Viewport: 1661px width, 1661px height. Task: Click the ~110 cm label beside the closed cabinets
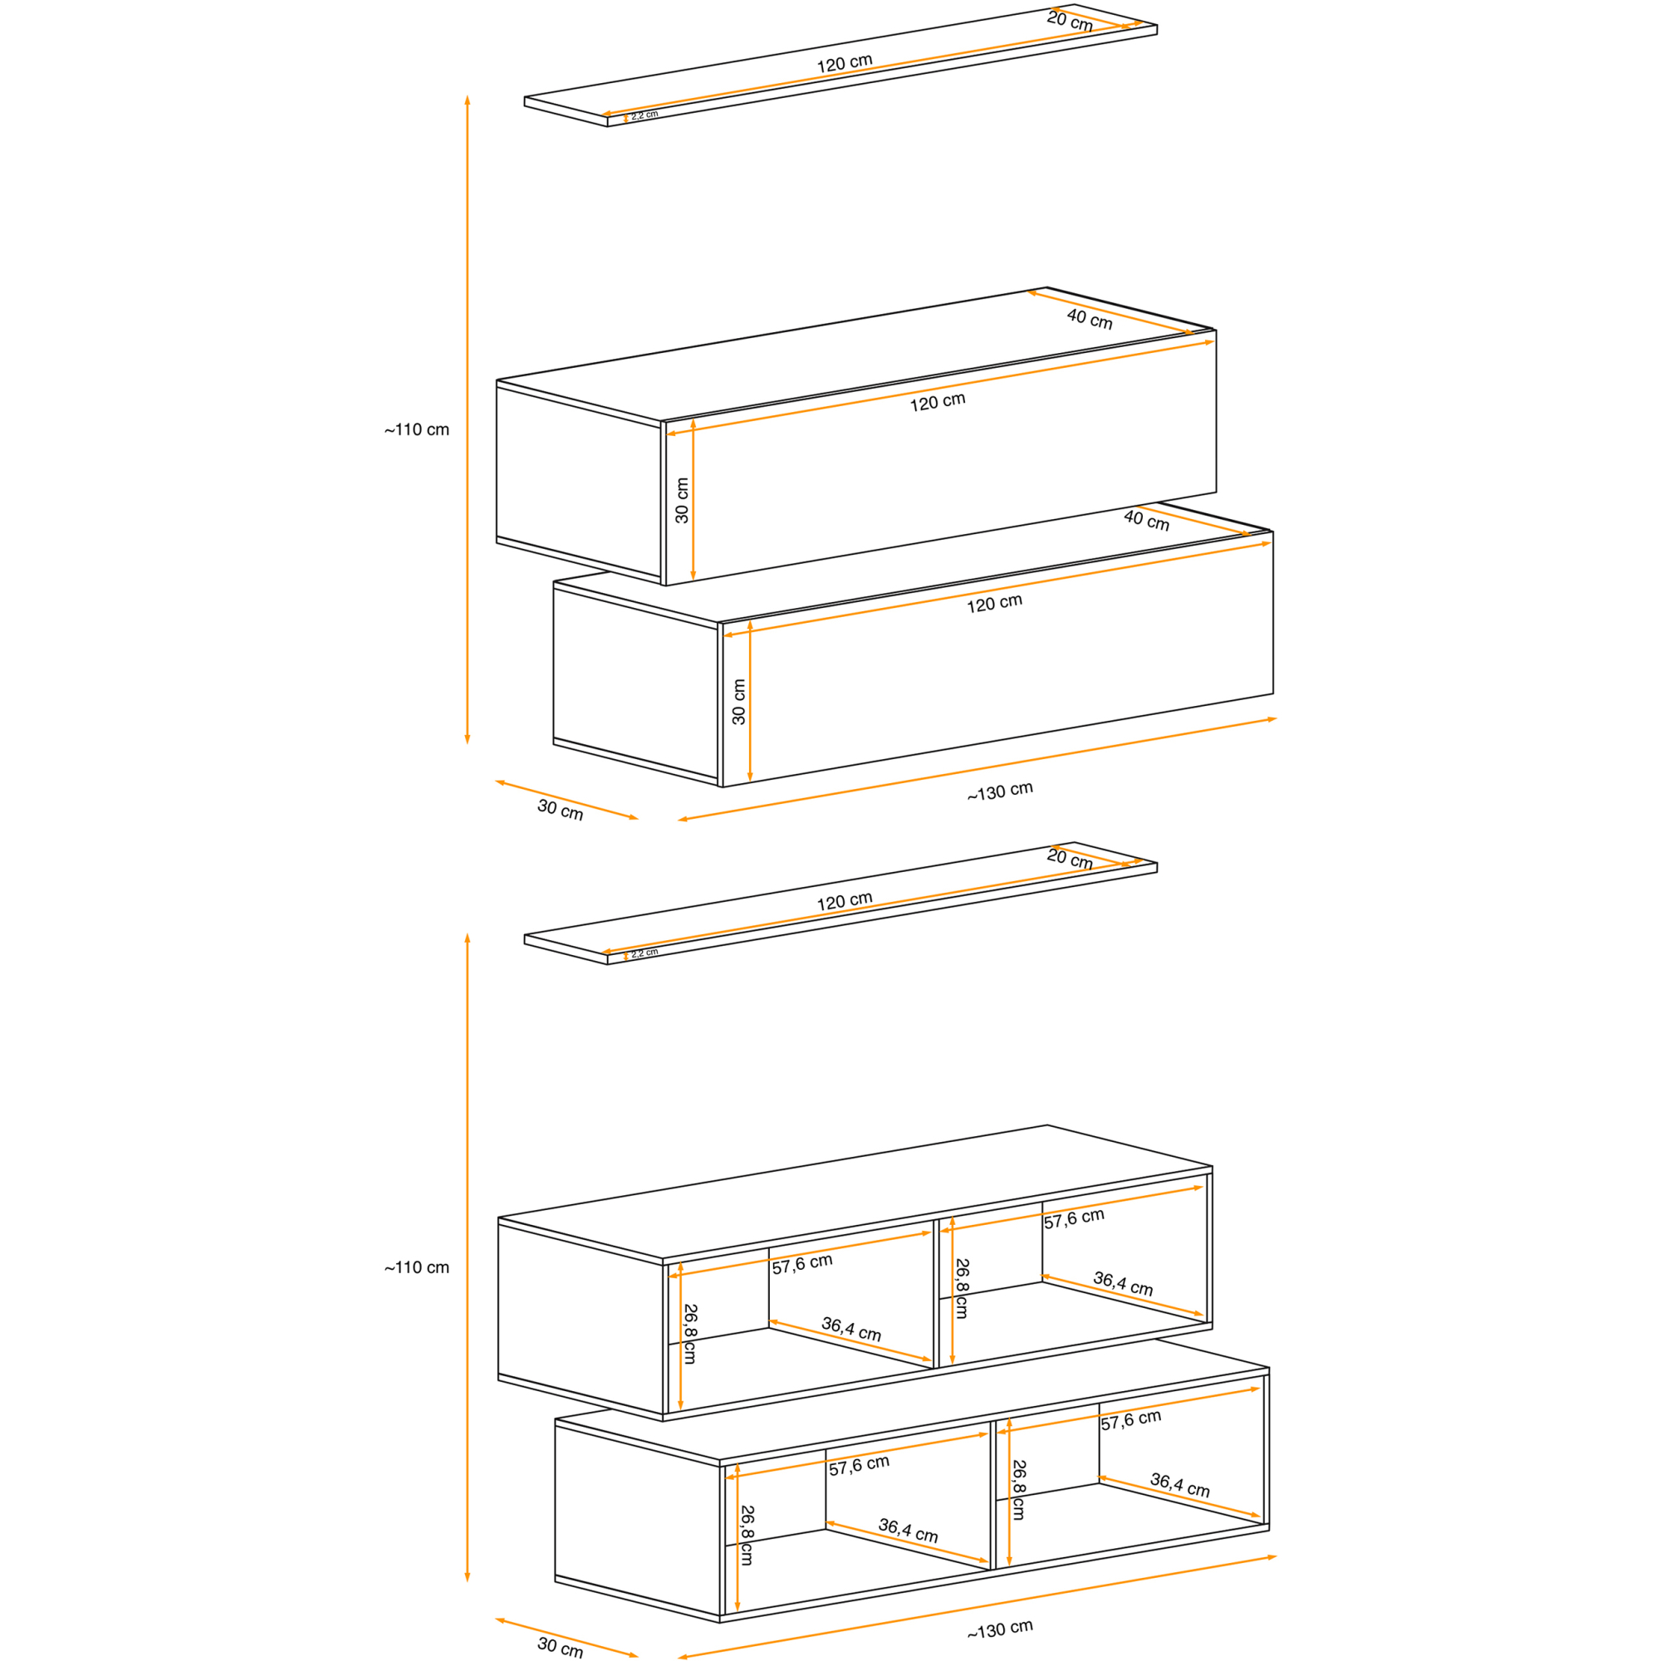point(417,429)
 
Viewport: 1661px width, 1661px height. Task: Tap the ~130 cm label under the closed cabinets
point(1000,791)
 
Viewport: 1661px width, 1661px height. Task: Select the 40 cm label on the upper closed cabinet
point(1090,319)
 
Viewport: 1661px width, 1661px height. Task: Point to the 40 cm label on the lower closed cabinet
point(1146,520)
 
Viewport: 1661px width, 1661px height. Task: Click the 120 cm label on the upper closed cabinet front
point(937,401)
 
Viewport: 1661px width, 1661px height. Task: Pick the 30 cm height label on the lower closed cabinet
point(738,702)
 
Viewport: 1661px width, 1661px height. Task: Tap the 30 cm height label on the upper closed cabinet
point(682,500)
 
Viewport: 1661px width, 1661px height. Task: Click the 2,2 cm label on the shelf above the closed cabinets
point(644,115)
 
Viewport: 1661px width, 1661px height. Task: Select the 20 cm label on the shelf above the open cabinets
point(1070,859)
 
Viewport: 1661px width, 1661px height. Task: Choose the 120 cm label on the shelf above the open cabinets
point(845,901)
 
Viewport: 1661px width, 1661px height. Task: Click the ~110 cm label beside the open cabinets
point(417,1267)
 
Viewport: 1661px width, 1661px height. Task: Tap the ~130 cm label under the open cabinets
point(1000,1629)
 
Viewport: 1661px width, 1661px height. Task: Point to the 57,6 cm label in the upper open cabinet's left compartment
point(802,1264)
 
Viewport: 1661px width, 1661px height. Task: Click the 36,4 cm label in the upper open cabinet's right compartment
point(1123,1284)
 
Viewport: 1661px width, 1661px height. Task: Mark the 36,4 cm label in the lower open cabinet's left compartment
point(908,1531)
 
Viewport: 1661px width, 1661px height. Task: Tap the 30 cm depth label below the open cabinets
point(560,1647)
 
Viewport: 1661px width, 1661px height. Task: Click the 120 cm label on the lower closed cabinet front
point(995,603)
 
